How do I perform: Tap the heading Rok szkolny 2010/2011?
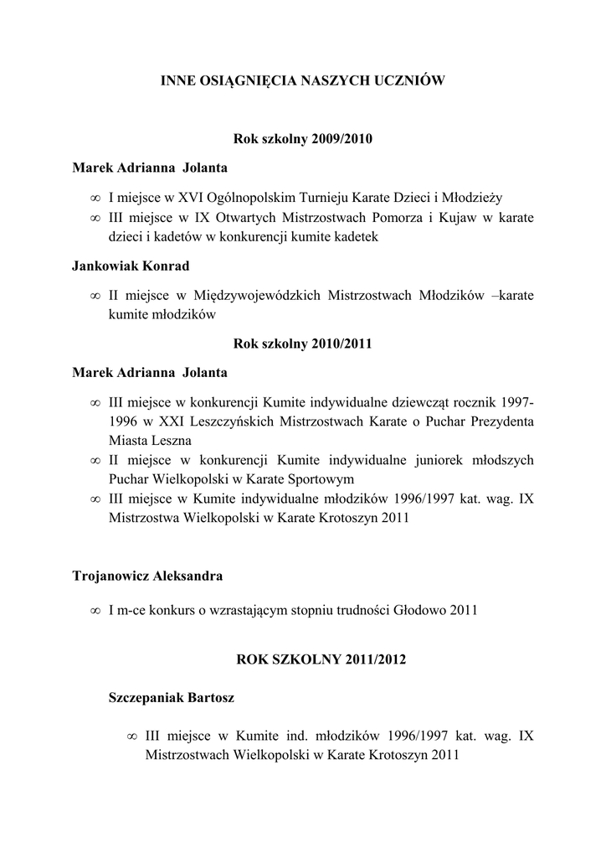click(302, 343)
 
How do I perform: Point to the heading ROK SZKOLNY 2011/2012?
click(321, 659)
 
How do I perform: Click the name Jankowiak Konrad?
click(131, 266)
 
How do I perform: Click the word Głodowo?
click(419, 610)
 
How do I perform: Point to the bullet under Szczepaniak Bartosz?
click(131, 736)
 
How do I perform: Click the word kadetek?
click(354, 237)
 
